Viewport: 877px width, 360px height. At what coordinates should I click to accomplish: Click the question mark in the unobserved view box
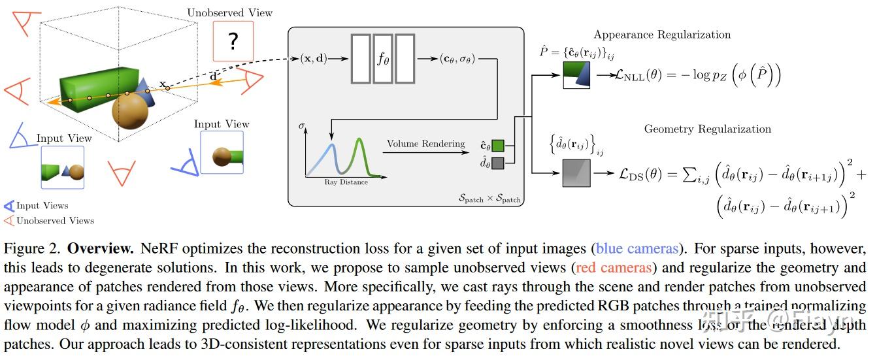pyautogui.click(x=233, y=42)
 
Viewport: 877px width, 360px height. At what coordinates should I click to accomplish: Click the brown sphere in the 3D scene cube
pyautogui.click(x=131, y=110)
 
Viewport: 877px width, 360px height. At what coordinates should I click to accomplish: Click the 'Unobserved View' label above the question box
pyautogui.click(x=229, y=12)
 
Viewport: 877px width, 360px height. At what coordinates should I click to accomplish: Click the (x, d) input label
pyautogui.click(x=313, y=59)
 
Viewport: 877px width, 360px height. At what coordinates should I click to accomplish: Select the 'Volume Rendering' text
pyautogui.click(x=425, y=144)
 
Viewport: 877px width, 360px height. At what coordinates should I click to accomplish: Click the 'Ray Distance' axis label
pyautogui.click(x=346, y=182)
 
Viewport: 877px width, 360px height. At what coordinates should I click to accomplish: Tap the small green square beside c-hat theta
pyautogui.click(x=498, y=146)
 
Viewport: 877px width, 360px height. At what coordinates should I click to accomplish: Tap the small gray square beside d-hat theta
pyautogui.click(x=498, y=163)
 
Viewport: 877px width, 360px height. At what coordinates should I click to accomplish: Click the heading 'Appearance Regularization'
pyautogui.click(x=662, y=35)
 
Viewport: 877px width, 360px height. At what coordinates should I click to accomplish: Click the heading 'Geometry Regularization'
pyautogui.click(x=707, y=129)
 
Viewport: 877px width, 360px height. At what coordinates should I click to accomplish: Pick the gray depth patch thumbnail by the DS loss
pyautogui.click(x=576, y=174)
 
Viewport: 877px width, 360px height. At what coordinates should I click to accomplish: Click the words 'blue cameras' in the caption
pyautogui.click(x=627, y=249)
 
